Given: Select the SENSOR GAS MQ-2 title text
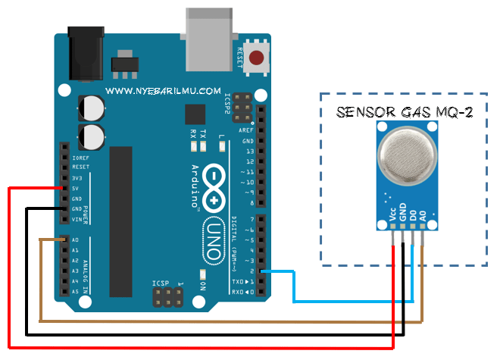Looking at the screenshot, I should coord(405,113).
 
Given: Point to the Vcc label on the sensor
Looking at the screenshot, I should coord(392,214).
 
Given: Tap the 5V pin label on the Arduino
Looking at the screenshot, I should coord(77,188).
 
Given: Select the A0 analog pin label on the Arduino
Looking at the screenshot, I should coord(76,239).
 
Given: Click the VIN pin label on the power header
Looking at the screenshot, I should coord(77,219).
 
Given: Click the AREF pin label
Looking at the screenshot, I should coord(247,130).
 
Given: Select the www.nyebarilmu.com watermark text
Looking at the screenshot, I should coord(163,90).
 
